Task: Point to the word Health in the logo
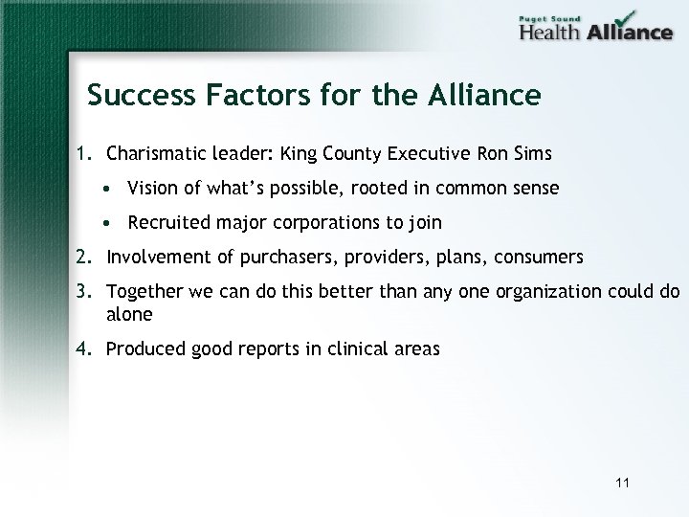pyautogui.click(x=550, y=32)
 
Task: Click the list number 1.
pyautogui.click(x=82, y=153)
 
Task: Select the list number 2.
pyautogui.click(x=83, y=257)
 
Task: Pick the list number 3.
pyautogui.click(x=83, y=291)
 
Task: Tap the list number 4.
pyautogui.click(x=83, y=349)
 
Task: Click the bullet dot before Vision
pyautogui.click(x=113, y=189)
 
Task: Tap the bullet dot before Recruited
pyautogui.click(x=113, y=223)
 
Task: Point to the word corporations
pyautogui.click(x=317, y=224)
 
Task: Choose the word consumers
pyautogui.click(x=540, y=257)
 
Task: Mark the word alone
pyautogui.click(x=129, y=314)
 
